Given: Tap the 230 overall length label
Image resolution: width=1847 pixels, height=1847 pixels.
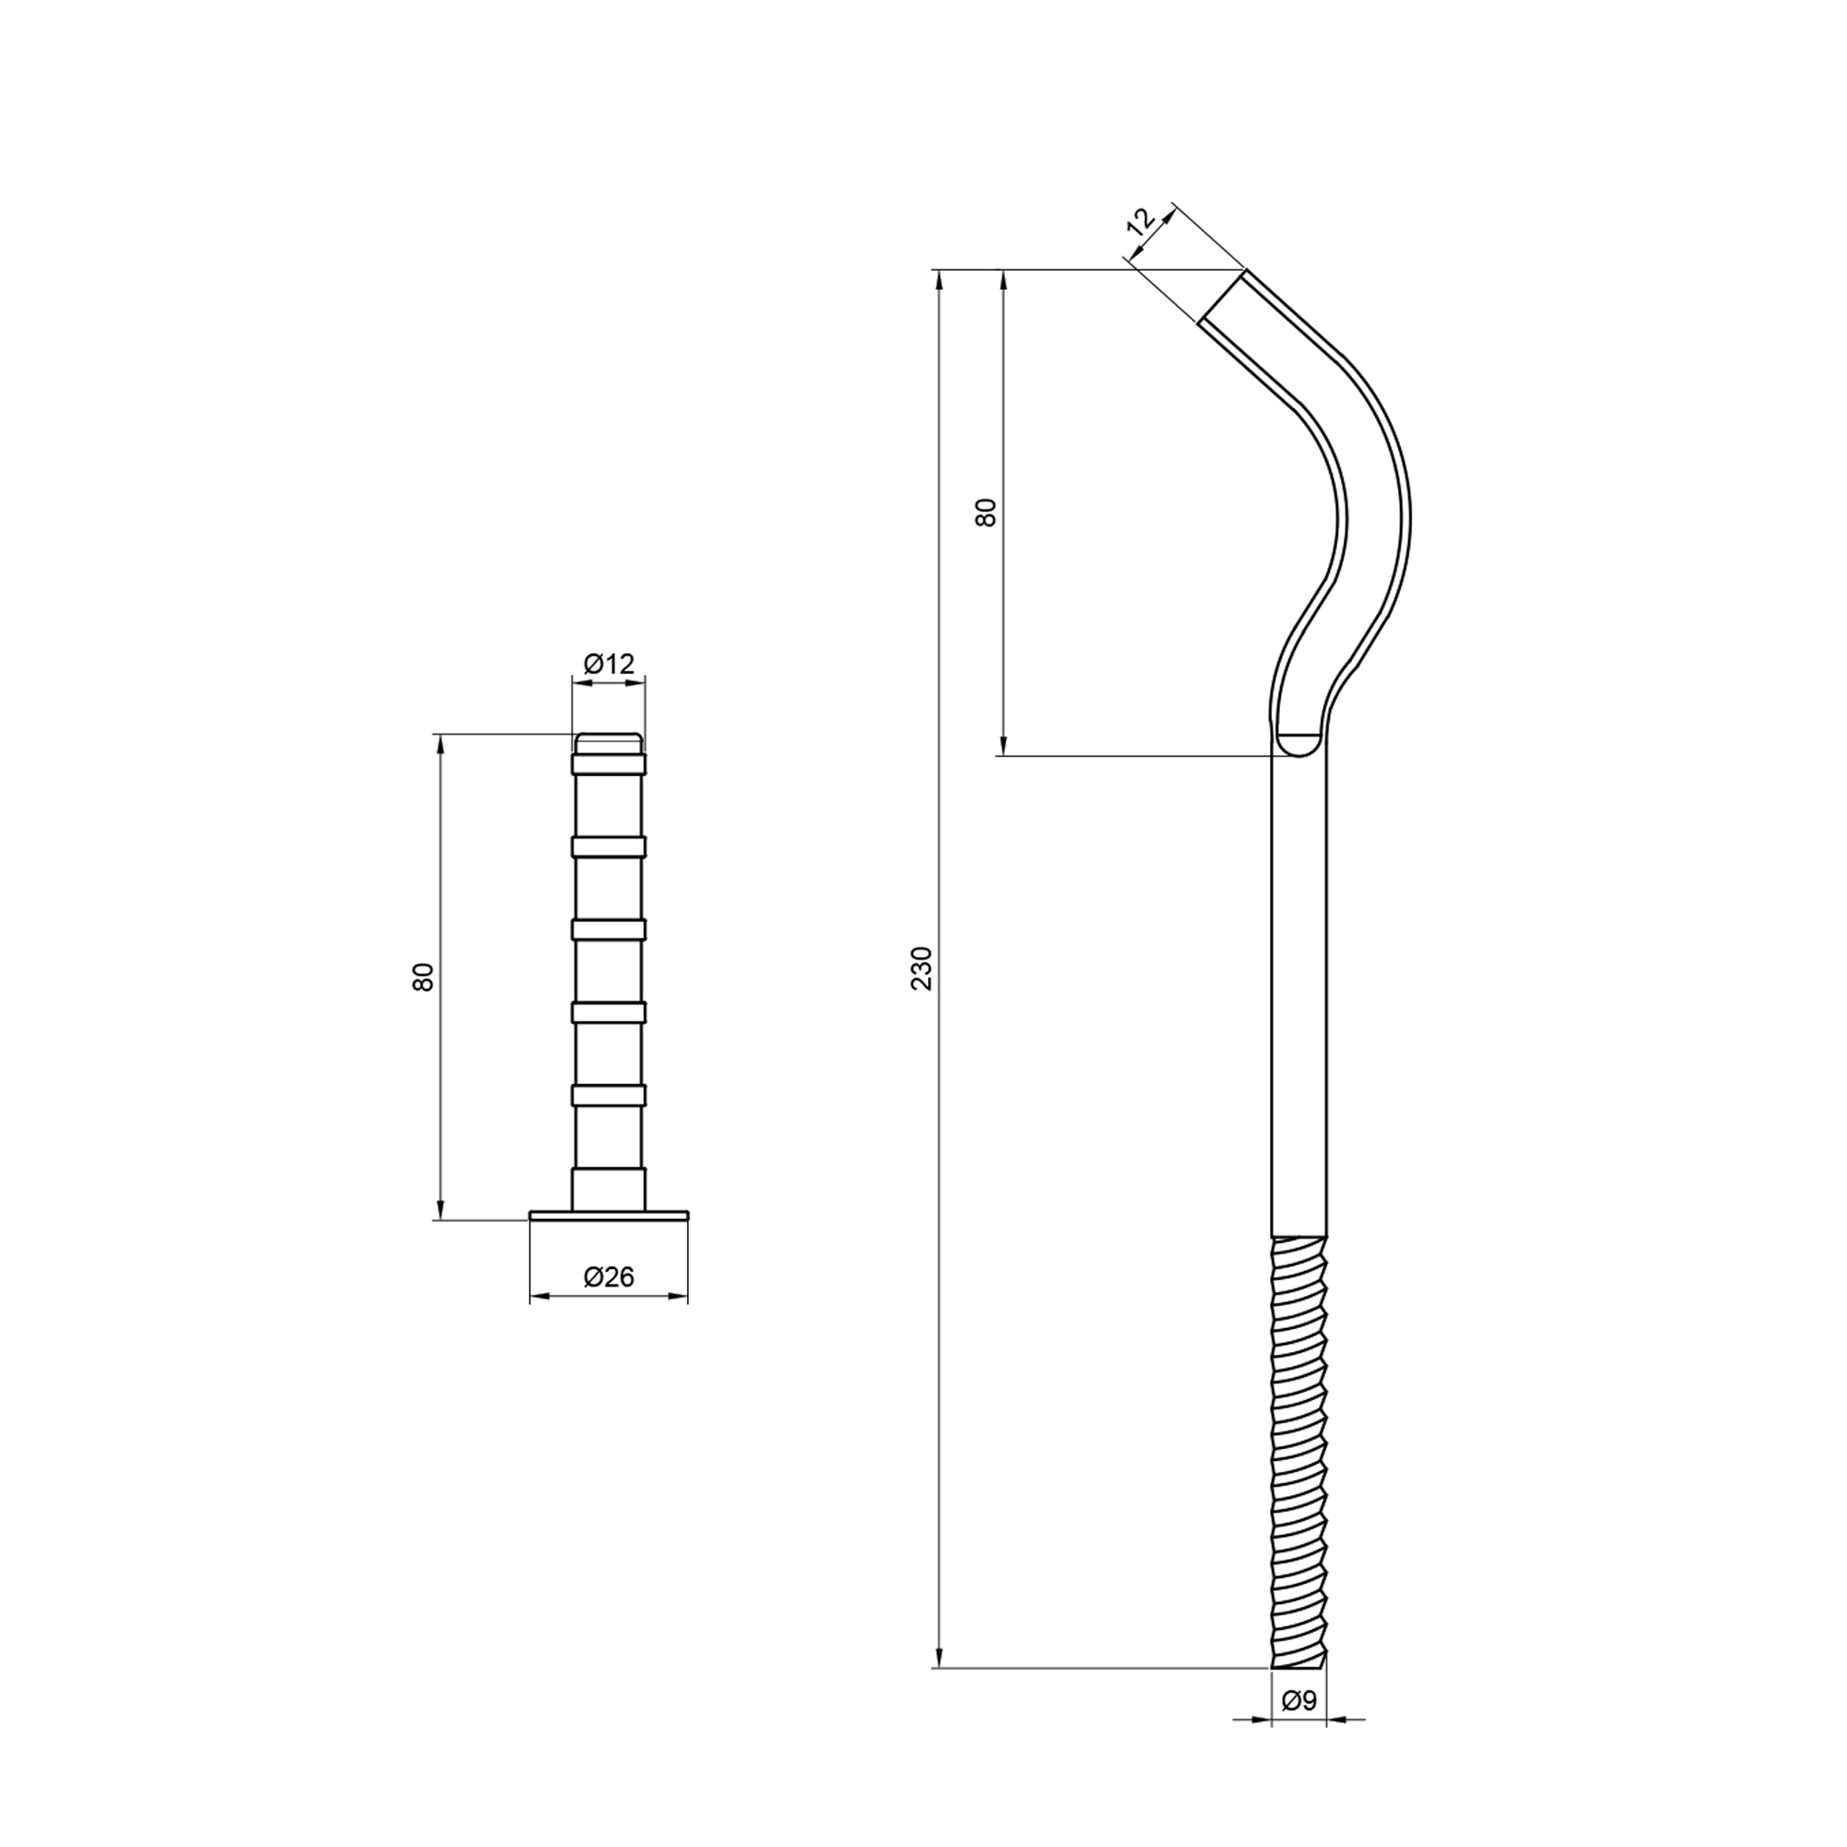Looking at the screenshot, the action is point(922,968).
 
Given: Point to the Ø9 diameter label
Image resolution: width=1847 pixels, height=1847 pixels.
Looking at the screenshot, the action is point(1299,1728).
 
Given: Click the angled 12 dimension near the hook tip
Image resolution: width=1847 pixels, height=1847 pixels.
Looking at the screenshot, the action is point(1141,222).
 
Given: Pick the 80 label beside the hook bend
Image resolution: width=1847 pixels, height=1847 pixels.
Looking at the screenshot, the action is point(985,512).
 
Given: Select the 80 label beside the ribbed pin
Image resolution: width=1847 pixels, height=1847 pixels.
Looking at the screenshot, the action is point(423,976).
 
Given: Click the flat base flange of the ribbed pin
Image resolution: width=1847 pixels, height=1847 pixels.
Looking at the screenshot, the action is point(609,1215).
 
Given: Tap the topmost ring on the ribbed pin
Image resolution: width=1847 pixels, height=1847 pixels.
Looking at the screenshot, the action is point(609,763).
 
